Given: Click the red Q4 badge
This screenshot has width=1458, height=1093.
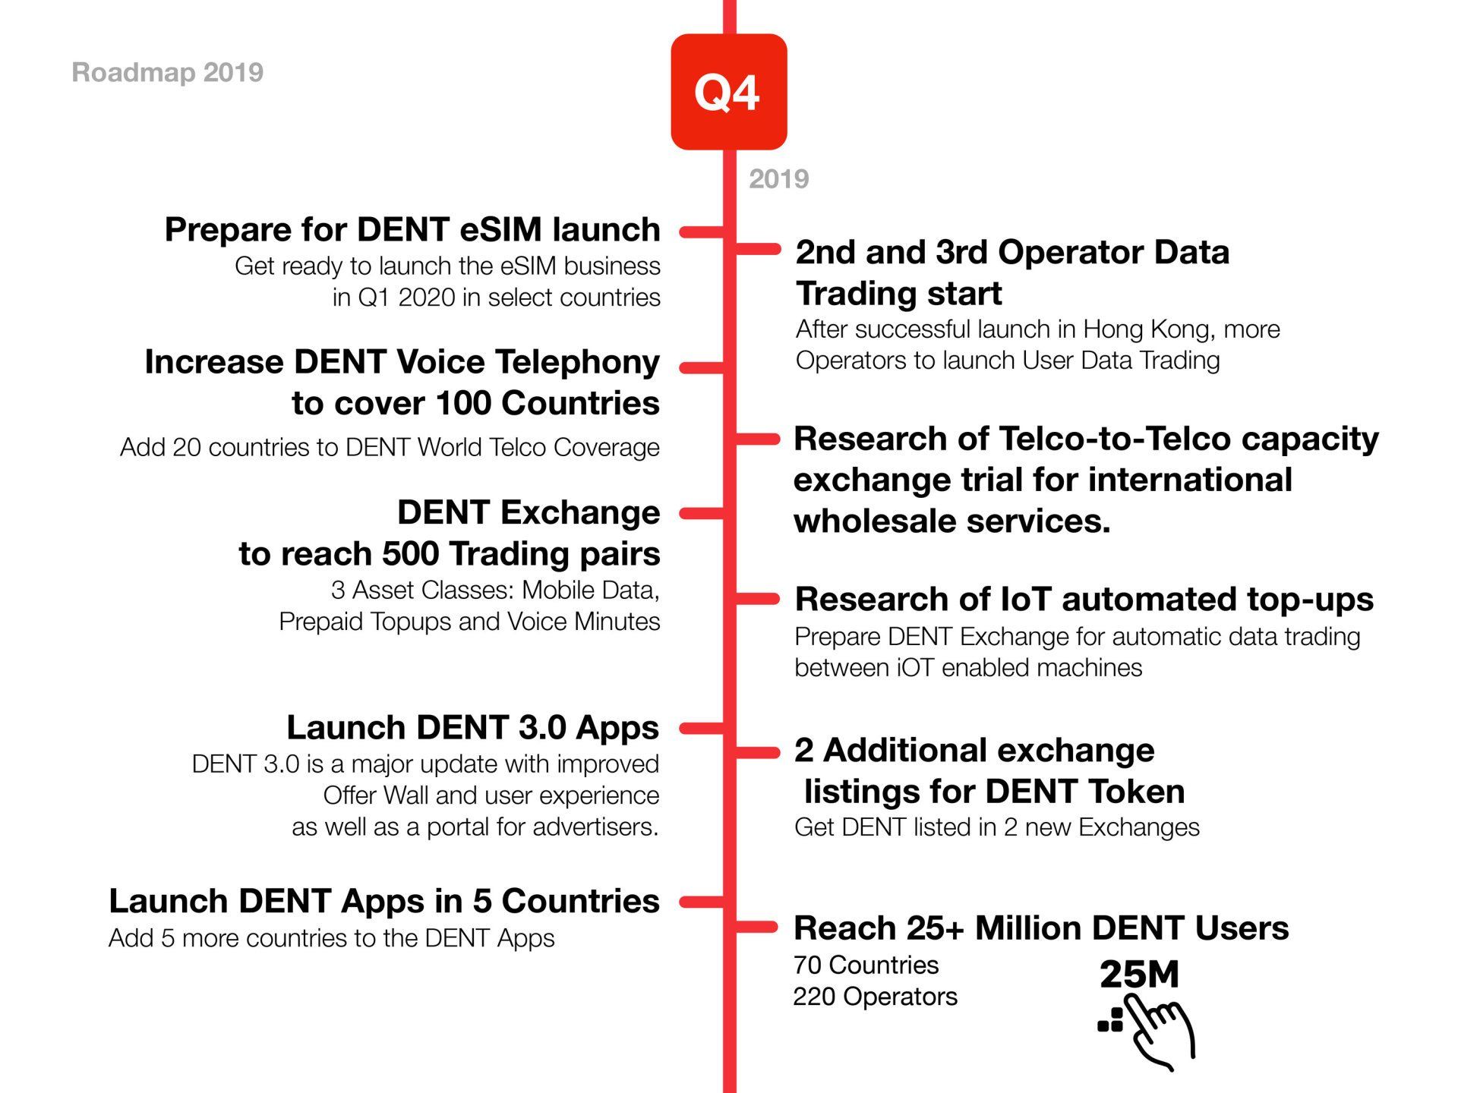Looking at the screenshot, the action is coord(729,92).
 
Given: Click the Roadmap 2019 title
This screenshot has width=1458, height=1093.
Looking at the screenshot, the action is coord(168,73).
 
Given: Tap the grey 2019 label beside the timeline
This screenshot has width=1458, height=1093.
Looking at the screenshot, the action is coord(779,179).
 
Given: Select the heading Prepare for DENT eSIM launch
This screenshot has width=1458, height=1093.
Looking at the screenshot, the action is coord(412,229).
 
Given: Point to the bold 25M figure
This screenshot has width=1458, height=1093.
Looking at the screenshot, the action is coord(1139,975).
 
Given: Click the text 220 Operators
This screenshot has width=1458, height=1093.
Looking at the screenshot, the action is coord(875,997).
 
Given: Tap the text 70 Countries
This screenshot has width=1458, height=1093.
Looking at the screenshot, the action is coord(866,965).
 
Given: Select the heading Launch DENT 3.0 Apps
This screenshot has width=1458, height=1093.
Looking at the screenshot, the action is coord(472,727).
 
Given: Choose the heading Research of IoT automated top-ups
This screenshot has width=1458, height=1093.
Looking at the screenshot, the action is coord(1084,599).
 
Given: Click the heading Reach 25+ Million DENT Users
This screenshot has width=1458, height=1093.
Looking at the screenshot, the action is coord(1041,928).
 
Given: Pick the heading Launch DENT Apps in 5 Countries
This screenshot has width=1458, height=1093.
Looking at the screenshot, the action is coord(384,901).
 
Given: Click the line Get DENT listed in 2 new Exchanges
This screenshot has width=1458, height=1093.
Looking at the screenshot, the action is coord(997,827).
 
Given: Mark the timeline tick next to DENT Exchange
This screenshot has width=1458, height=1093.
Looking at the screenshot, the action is coord(702,514).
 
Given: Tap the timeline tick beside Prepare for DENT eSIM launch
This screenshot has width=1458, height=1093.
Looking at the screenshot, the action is coord(702,232).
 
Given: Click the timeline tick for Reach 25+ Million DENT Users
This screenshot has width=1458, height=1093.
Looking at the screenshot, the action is coord(757,926).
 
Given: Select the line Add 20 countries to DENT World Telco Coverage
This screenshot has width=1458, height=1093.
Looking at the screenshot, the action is coord(390,447).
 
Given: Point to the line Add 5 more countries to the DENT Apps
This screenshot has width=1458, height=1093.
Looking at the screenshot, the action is coord(332,938).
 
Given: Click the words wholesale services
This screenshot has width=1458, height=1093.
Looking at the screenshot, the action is coord(952,521).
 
